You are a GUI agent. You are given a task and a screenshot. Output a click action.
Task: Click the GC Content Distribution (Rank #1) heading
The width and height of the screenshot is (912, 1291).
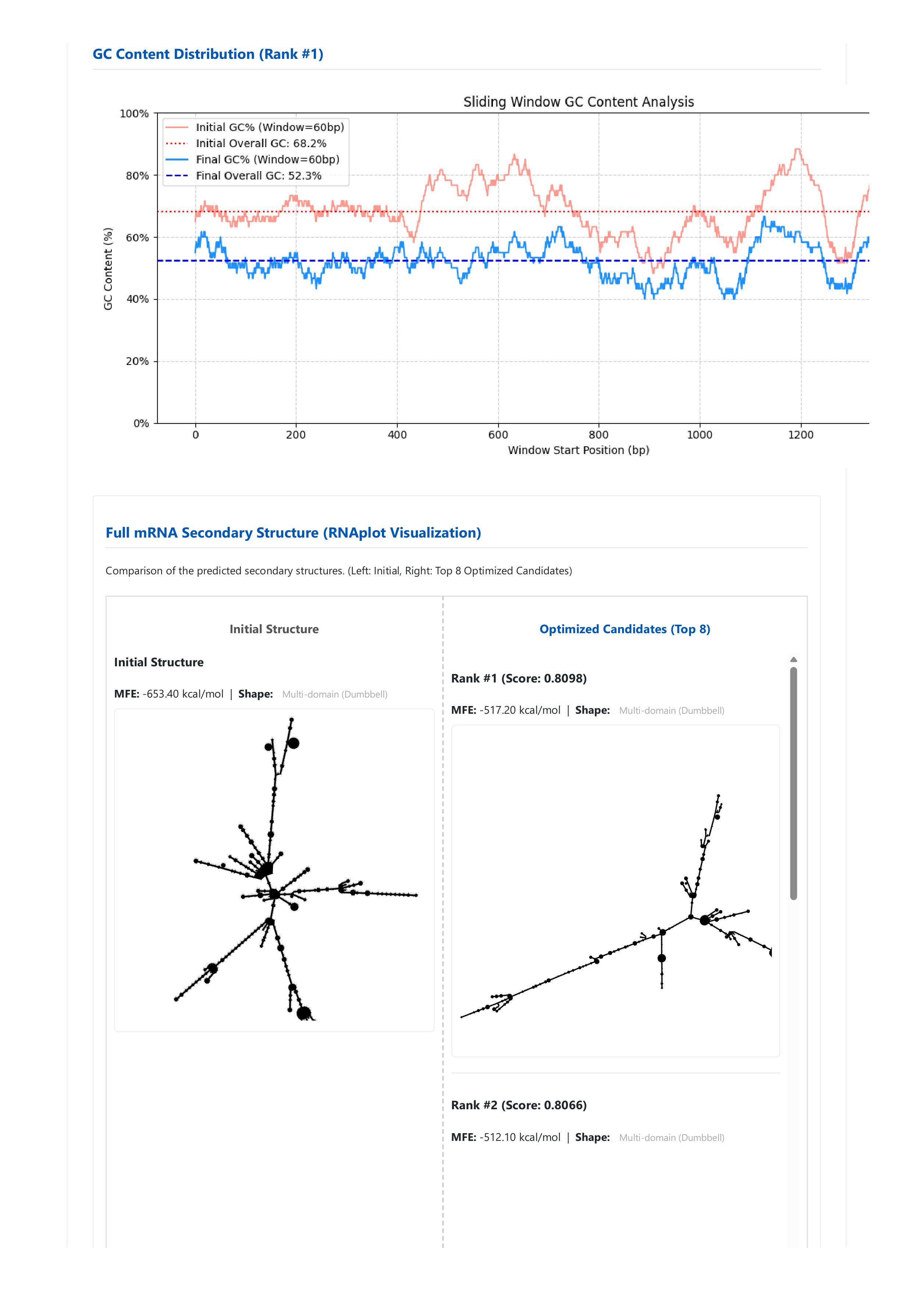pyautogui.click(x=207, y=54)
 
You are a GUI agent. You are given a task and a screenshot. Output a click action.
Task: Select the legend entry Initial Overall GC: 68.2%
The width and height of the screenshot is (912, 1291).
pyautogui.click(x=261, y=143)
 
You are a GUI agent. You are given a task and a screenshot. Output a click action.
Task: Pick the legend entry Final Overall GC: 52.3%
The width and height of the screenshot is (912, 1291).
pyautogui.click(x=259, y=175)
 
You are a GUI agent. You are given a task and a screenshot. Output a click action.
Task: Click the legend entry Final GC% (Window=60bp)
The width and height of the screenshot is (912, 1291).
pyautogui.click(x=267, y=160)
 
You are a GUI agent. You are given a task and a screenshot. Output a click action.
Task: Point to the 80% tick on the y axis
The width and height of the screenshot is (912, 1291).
pyautogui.click(x=137, y=176)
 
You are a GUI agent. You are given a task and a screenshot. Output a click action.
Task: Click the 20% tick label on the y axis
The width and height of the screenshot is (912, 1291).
pyautogui.click(x=137, y=362)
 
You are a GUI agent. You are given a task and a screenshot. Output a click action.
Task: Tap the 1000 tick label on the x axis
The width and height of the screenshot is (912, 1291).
pyautogui.click(x=699, y=435)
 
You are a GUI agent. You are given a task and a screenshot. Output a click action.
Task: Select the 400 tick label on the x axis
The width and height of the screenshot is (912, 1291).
pyautogui.click(x=397, y=435)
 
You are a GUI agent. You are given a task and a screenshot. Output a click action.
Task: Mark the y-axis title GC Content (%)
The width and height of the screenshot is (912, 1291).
pyautogui.click(x=108, y=269)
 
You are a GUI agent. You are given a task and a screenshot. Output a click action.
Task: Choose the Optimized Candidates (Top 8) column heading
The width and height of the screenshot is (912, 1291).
pyautogui.click(x=625, y=629)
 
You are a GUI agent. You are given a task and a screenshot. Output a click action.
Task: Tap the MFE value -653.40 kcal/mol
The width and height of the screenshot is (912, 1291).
pyautogui.click(x=183, y=694)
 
